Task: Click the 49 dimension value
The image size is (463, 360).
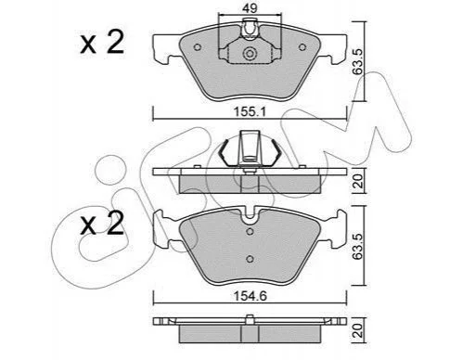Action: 250,8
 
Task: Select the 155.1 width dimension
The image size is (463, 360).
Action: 250,111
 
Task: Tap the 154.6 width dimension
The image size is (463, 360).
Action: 250,296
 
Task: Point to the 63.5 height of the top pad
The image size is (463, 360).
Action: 357,61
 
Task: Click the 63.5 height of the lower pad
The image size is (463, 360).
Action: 357,246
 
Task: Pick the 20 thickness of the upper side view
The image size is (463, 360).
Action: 358,181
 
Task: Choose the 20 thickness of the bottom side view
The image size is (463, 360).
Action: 358,330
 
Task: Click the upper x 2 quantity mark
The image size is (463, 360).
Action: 102,43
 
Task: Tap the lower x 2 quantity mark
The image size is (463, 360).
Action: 102,224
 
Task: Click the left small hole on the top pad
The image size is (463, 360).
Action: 197,47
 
